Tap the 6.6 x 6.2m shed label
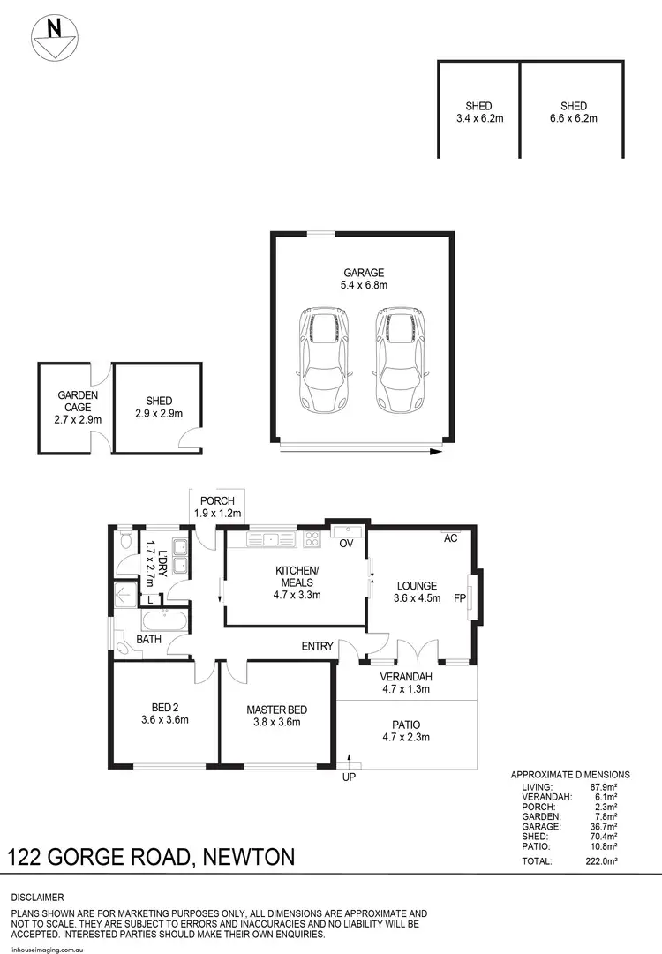click(573, 112)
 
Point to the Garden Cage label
click(78, 407)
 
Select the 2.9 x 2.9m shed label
click(159, 407)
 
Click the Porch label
click(217, 507)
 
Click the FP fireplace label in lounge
click(459, 597)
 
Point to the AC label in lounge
click(449, 537)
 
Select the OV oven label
click(346, 544)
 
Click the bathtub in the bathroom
click(165, 620)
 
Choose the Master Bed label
click(278, 716)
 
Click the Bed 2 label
click(164, 711)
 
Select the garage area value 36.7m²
click(606, 827)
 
